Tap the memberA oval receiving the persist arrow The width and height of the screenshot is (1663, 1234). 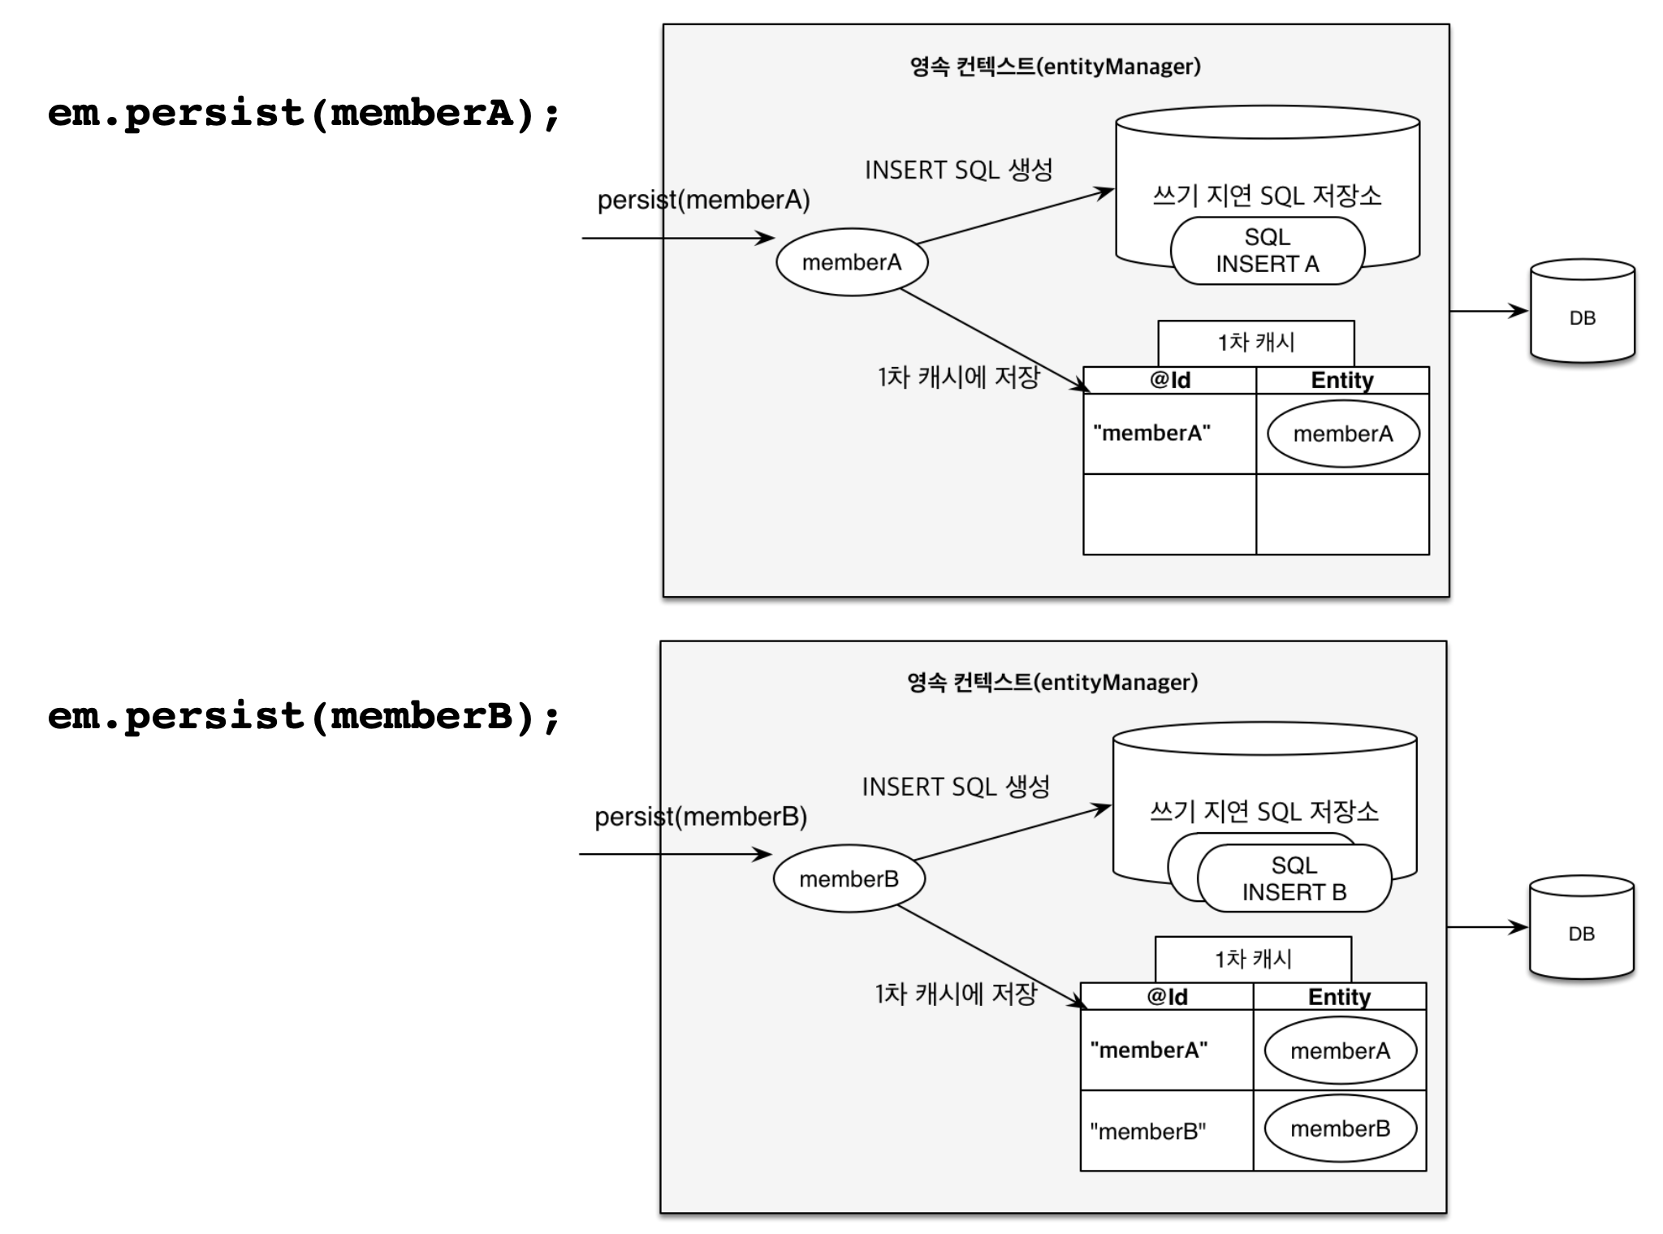852,262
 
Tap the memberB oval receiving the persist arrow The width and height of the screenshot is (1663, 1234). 849,879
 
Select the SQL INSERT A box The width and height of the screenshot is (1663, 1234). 1267,251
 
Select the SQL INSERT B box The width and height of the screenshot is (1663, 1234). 1294,879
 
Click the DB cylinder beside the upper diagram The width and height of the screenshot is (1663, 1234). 1582,312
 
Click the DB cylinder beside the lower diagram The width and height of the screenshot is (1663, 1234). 1581,928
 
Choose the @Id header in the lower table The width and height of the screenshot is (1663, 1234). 1167,997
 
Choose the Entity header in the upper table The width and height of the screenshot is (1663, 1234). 1342,381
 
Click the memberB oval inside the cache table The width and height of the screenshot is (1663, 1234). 1341,1129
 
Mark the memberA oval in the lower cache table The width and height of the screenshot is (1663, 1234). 1341,1051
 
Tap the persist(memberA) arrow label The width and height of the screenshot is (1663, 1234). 703,200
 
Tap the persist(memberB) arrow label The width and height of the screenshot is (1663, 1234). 701,817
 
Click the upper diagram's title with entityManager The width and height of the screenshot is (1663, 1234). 1056,67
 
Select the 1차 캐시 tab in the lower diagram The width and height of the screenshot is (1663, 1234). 1253,960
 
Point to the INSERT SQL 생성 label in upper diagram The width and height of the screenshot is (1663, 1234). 958,170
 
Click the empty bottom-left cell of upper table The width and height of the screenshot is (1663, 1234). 1169,515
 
